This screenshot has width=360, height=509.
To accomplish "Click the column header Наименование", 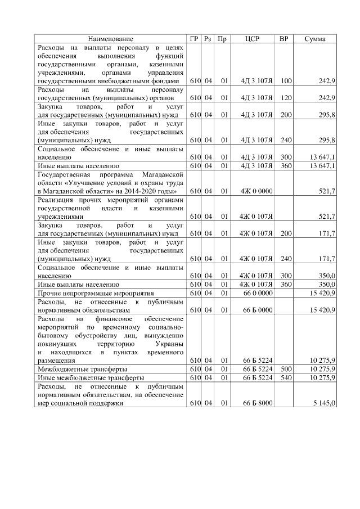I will pos(110,39).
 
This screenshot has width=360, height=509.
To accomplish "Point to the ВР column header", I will pos(285,39).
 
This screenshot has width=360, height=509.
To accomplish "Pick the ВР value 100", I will pos(286,81).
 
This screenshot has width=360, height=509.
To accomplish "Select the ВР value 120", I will pos(286,98).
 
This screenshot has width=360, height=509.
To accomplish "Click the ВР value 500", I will pos(286,368).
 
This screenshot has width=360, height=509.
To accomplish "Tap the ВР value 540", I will pos(286,377).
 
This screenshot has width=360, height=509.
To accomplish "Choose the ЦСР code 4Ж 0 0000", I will pos(256,191).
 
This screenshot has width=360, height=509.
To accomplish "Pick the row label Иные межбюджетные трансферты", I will pos(90,377).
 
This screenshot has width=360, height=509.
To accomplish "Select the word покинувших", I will pos(56,343).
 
